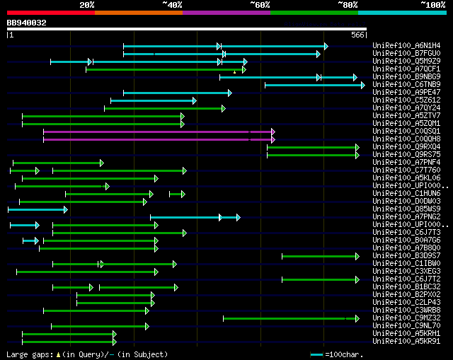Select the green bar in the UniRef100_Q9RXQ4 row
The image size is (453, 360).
312,147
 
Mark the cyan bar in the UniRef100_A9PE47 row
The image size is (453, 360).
176,93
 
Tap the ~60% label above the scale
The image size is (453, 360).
260,5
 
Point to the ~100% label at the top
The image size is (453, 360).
432,5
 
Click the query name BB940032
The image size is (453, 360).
27,23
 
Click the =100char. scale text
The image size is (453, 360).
343,354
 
